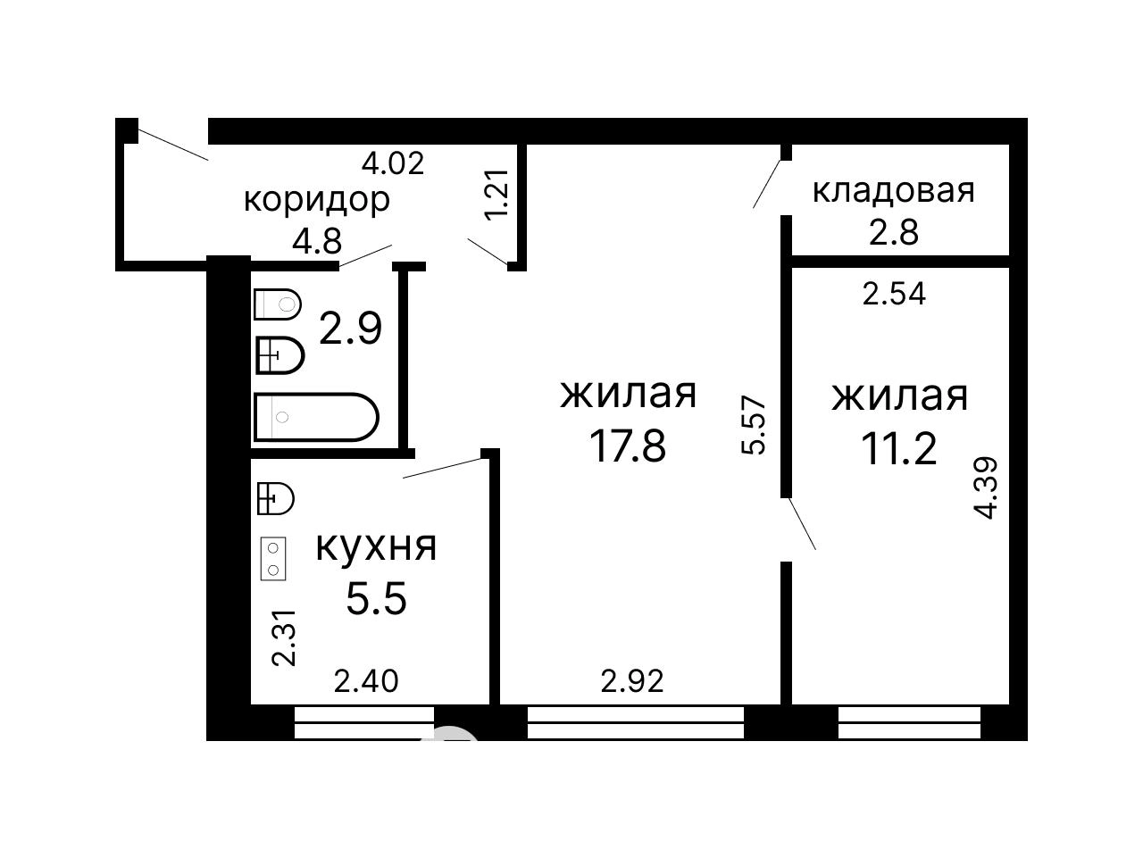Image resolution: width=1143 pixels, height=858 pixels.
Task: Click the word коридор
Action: pyautogui.click(x=317, y=201)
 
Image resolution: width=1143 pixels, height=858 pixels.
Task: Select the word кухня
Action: pyautogui.click(x=376, y=546)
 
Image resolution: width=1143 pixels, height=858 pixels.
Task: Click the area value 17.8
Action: pyautogui.click(x=628, y=446)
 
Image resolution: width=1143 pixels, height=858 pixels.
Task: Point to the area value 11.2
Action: pyautogui.click(x=899, y=449)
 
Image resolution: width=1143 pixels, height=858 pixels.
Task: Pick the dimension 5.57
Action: pyautogui.click(x=754, y=426)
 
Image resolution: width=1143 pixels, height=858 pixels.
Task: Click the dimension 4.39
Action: pyautogui.click(x=986, y=487)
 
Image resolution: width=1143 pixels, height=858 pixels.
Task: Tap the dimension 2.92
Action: pyautogui.click(x=632, y=681)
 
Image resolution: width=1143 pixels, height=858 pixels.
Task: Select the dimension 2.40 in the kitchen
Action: pyautogui.click(x=366, y=681)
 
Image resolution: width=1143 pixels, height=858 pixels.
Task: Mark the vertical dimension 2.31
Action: pyautogui.click(x=284, y=637)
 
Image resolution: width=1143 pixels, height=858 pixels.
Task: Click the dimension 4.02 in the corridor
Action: pyautogui.click(x=393, y=163)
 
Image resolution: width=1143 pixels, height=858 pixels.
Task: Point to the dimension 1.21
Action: pyautogui.click(x=496, y=195)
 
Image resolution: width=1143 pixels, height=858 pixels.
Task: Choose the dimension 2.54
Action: pyautogui.click(x=894, y=294)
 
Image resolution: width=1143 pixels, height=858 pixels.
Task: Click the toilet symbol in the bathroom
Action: pyautogui.click(x=278, y=304)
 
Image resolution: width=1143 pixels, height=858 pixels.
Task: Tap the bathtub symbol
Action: pyautogui.click(x=316, y=417)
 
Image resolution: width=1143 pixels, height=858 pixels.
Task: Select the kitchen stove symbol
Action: pyautogui.click(x=273, y=559)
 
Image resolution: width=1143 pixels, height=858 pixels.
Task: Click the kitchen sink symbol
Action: pyautogui.click(x=276, y=499)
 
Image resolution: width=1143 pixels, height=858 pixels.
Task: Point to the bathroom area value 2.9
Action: pyautogui.click(x=350, y=328)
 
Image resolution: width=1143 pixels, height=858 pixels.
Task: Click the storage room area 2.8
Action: pyautogui.click(x=894, y=232)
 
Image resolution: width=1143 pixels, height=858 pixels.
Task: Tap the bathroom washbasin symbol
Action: pyautogui.click(x=280, y=355)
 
